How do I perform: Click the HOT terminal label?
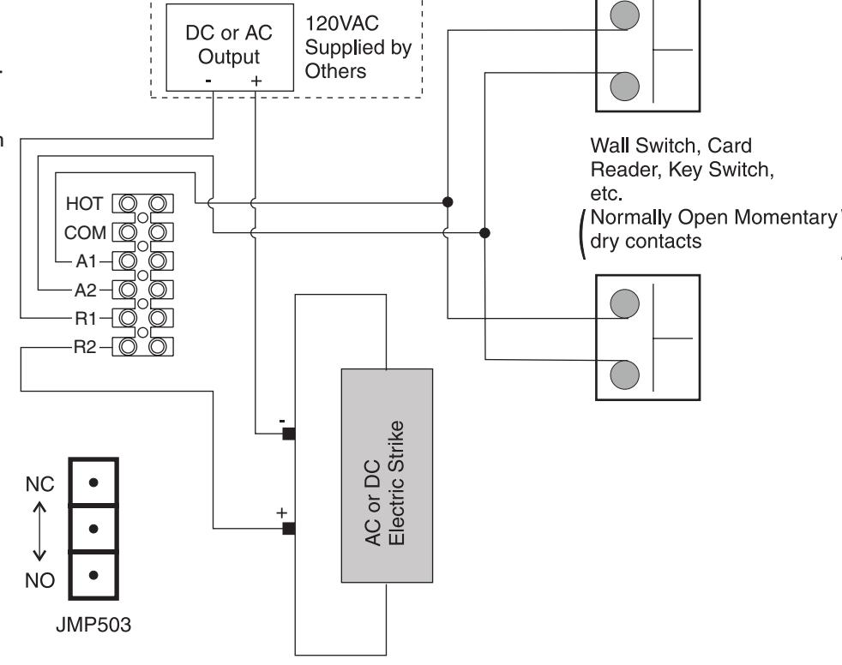84,204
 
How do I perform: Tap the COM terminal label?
85,233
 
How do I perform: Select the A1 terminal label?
86,261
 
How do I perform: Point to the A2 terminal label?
86,291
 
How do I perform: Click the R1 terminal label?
86,319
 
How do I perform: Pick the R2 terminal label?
85,347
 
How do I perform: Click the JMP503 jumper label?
93,625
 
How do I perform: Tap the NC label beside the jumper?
39,485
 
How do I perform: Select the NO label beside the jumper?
39,580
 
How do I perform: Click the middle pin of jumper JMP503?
93,530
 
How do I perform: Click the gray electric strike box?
388,476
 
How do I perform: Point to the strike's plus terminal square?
289,529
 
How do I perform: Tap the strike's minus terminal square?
289,434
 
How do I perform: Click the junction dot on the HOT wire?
448,201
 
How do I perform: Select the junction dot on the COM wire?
484,232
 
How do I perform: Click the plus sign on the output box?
256,81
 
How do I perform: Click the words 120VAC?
342,24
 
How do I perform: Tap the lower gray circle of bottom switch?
624,374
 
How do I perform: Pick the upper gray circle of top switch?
624,15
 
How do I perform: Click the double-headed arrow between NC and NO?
39,532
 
